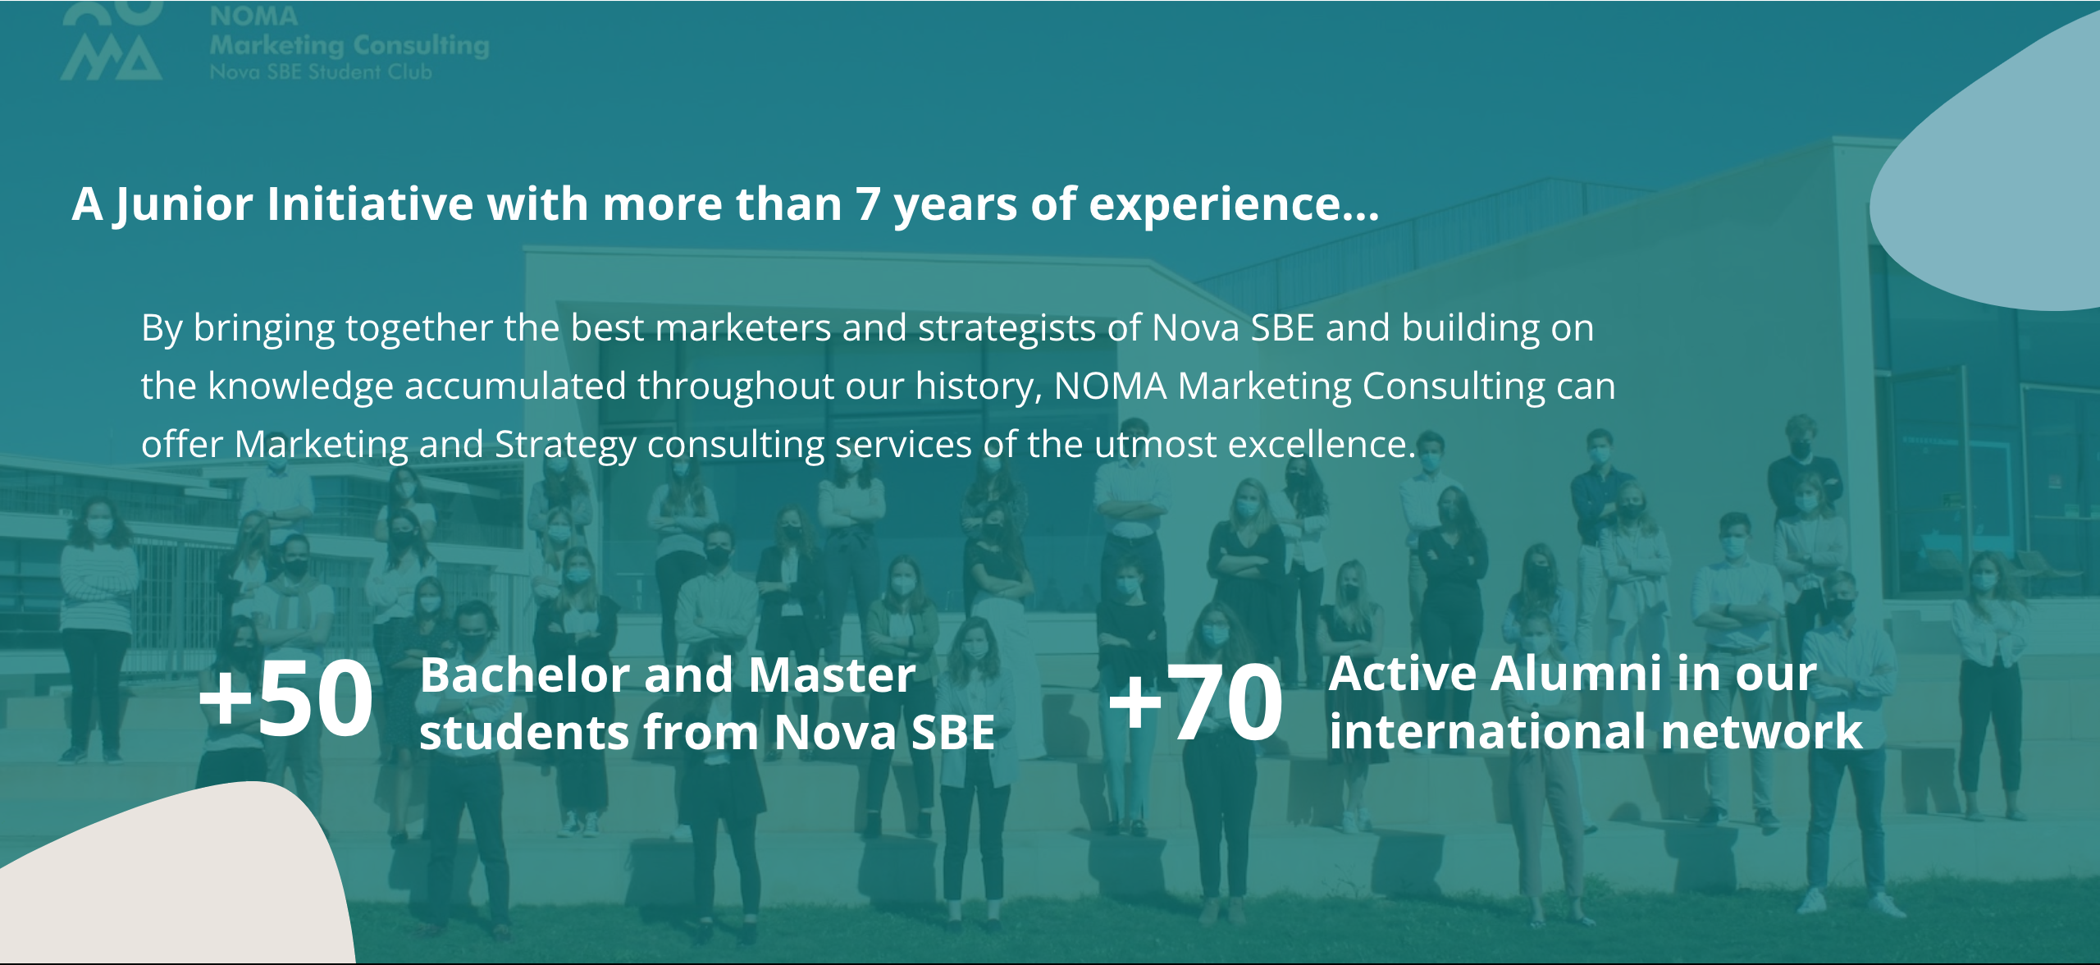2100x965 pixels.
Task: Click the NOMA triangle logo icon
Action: point(112,41)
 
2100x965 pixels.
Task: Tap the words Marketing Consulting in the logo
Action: point(349,45)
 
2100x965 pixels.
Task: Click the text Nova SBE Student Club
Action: point(321,72)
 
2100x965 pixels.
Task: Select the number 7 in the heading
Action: point(869,204)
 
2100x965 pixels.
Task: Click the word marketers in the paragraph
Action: point(743,328)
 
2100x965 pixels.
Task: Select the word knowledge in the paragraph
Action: point(300,387)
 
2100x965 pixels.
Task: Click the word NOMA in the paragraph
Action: point(1110,386)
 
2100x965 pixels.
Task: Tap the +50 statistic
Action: point(285,699)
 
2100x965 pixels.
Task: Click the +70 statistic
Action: point(1195,702)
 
